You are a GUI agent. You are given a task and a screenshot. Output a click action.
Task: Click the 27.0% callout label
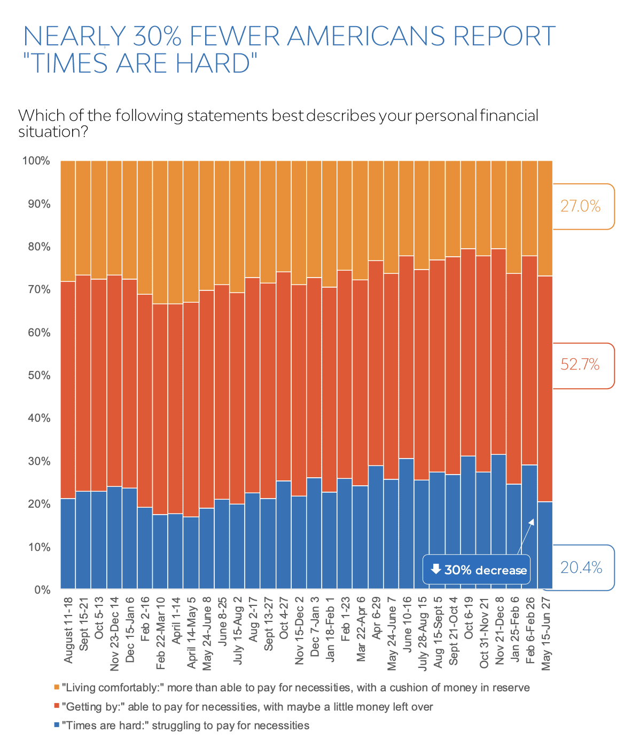580,206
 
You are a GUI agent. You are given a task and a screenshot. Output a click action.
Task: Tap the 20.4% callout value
581,567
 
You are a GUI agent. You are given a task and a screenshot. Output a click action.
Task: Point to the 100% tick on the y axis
36,161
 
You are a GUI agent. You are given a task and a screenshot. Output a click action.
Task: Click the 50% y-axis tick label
38,375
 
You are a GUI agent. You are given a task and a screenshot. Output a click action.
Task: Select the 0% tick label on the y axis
42,590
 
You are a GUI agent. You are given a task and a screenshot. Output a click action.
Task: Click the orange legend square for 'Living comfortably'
56,688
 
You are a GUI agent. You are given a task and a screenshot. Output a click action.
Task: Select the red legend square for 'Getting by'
56,707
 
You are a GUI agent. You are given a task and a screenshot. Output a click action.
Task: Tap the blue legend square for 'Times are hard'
56,726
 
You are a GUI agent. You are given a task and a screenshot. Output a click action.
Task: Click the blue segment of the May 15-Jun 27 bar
545,545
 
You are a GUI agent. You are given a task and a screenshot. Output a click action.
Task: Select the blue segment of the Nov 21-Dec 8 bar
498,521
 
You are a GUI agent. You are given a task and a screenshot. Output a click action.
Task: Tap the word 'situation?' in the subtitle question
53,132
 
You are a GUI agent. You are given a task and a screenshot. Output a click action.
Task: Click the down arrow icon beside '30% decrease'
436,569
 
